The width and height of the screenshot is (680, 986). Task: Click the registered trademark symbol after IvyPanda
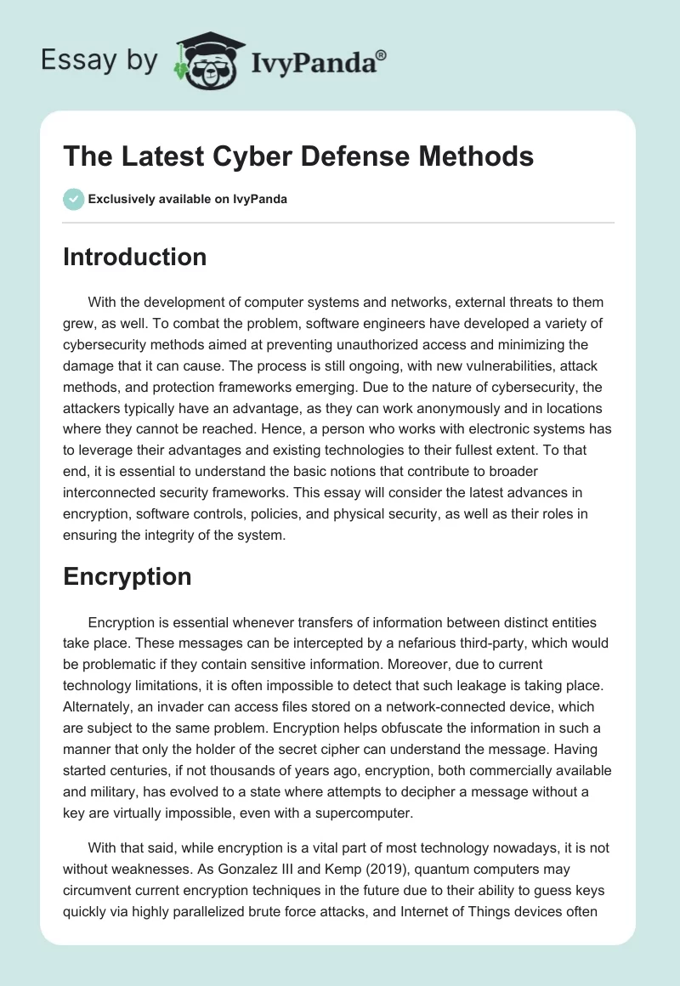382,54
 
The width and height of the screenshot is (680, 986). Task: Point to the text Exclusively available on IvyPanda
188,200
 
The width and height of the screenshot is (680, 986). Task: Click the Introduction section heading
134,257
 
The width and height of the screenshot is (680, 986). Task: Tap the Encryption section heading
127,576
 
